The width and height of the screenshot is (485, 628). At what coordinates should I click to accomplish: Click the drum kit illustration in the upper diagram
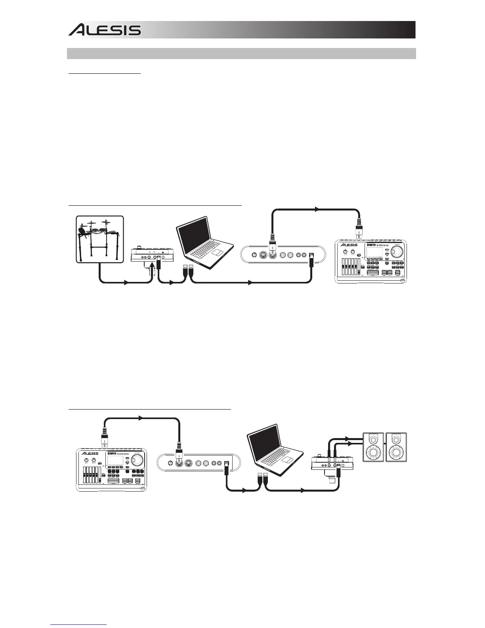coord(99,239)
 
